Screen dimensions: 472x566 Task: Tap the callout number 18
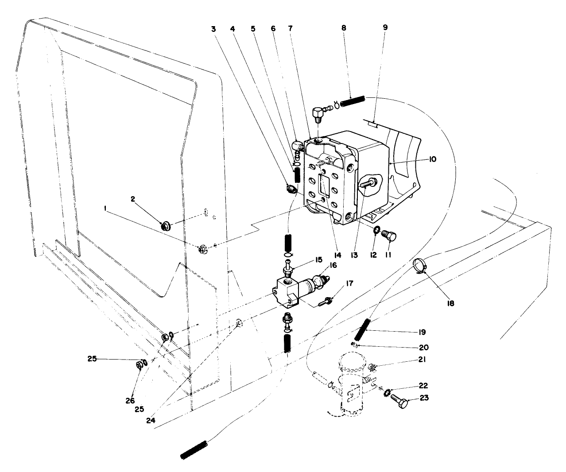(450, 303)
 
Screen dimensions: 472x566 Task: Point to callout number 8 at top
(344, 27)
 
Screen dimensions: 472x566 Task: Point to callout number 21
(421, 360)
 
